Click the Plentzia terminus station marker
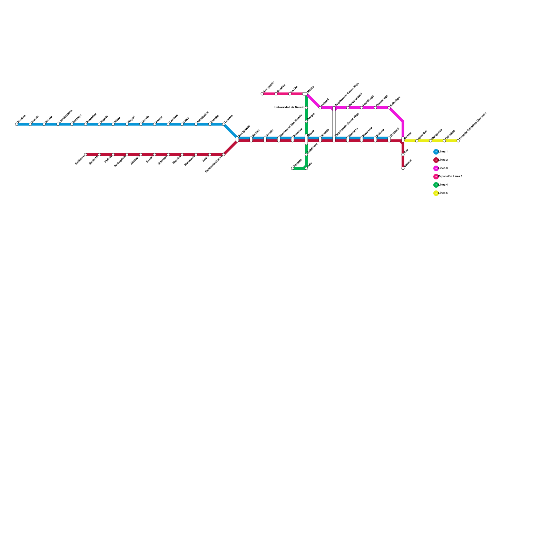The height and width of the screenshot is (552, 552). [17, 124]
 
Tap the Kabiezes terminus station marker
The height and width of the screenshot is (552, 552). [86, 155]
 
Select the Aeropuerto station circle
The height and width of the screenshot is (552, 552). [262, 94]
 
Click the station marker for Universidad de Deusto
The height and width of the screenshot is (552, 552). [306, 108]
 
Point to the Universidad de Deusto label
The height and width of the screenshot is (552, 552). [289, 108]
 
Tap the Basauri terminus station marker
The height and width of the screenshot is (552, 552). [403, 168]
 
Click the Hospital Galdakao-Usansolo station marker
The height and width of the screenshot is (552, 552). [458, 141]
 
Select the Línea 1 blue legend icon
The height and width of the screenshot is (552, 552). [436, 152]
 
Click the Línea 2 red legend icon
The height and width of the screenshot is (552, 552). [436, 160]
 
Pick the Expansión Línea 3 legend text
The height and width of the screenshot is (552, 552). [450, 177]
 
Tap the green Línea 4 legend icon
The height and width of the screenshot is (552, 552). [436, 185]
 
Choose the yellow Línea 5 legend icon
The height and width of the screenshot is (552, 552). [436, 193]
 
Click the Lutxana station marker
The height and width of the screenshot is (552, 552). [224, 124]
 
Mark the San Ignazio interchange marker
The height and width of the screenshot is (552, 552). [237, 139]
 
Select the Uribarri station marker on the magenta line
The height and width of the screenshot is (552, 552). [320, 108]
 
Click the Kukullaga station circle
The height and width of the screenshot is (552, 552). [389, 108]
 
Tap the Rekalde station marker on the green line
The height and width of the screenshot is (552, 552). [293, 168]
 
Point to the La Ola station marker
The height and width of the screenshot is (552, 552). [290, 94]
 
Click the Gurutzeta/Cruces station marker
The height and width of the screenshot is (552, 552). [224, 155]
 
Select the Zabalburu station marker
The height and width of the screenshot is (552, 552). [306, 155]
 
